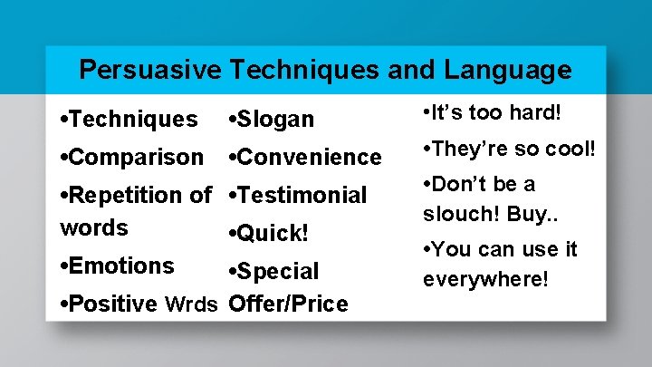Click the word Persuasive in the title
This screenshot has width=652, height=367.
point(150,69)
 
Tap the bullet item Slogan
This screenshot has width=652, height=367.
point(275,119)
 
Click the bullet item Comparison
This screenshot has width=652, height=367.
point(135,157)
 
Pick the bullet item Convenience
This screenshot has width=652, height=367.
point(309,157)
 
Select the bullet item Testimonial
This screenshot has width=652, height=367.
point(302,195)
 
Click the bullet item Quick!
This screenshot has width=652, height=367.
point(273,233)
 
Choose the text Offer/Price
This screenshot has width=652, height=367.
point(288,304)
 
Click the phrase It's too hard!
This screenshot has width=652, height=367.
point(494,113)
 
